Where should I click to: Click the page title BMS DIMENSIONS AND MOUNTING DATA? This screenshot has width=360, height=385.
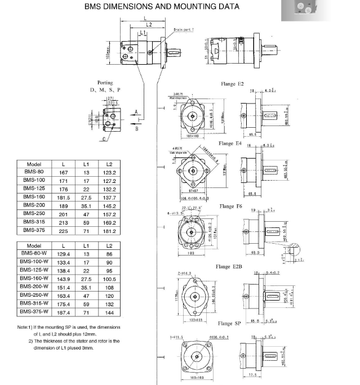(x=162, y=7)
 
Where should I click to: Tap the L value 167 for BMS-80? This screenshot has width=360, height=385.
(x=64, y=172)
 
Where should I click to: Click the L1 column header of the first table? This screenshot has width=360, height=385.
(x=87, y=164)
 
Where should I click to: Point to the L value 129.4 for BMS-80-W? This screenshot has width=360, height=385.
(x=64, y=254)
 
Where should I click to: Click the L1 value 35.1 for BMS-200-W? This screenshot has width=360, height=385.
(x=87, y=286)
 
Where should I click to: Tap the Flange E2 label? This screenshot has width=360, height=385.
(x=232, y=83)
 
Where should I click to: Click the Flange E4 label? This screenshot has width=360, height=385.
(x=230, y=144)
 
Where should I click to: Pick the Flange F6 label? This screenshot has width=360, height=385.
(x=231, y=207)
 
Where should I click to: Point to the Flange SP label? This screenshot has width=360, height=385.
(x=229, y=323)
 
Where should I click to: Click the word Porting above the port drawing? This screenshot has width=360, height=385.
(x=105, y=82)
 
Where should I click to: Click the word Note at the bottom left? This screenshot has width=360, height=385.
(x=23, y=327)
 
